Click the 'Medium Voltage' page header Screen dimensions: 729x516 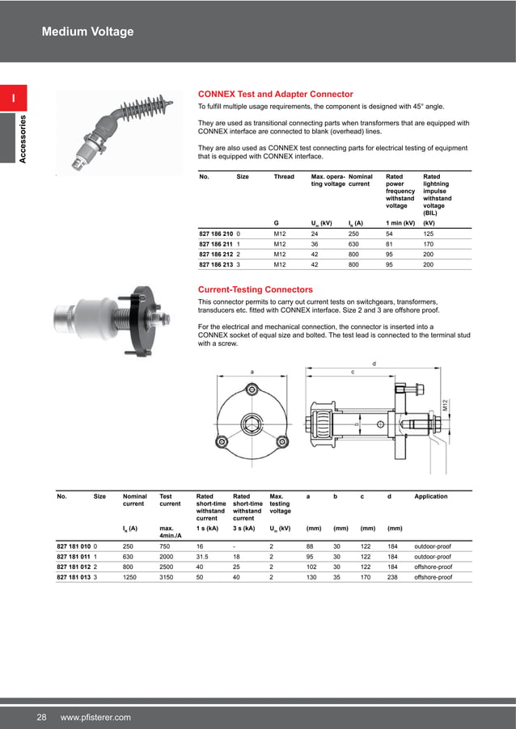[87, 32]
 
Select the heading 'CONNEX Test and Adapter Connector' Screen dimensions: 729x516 [275, 94]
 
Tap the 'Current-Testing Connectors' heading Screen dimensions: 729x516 [256, 289]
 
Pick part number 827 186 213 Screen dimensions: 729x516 [210, 264]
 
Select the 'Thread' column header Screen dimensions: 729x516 [284, 176]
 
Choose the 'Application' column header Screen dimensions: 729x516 [430, 496]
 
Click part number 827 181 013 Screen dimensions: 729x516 [74, 578]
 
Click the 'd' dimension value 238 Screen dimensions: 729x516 [394, 578]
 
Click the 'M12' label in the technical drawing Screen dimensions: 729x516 [444, 405]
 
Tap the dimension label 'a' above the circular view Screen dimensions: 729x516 [252, 371]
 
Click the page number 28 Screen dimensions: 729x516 [40, 717]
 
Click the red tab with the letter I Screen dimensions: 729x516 [14, 99]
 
